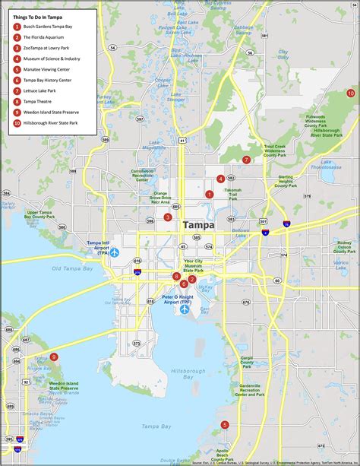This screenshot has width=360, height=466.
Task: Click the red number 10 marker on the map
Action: coord(350,94)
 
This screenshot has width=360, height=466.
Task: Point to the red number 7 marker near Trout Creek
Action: coord(246,160)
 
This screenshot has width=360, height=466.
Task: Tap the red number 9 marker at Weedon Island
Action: coord(53,357)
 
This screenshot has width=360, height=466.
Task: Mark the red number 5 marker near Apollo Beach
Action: coord(224,425)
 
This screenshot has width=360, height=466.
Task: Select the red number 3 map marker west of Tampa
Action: coord(168,217)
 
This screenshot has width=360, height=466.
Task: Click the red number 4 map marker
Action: coord(220,179)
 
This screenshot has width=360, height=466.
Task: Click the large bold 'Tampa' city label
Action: coord(197,226)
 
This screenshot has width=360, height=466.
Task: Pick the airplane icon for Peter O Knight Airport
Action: coord(185,310)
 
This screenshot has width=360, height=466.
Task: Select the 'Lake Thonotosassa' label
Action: coord(337,165)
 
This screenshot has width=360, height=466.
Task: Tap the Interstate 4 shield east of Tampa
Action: coord(286,223)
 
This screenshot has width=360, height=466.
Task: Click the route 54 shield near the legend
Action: coord(112,47)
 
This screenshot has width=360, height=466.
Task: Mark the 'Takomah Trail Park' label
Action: coord(232,194)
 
